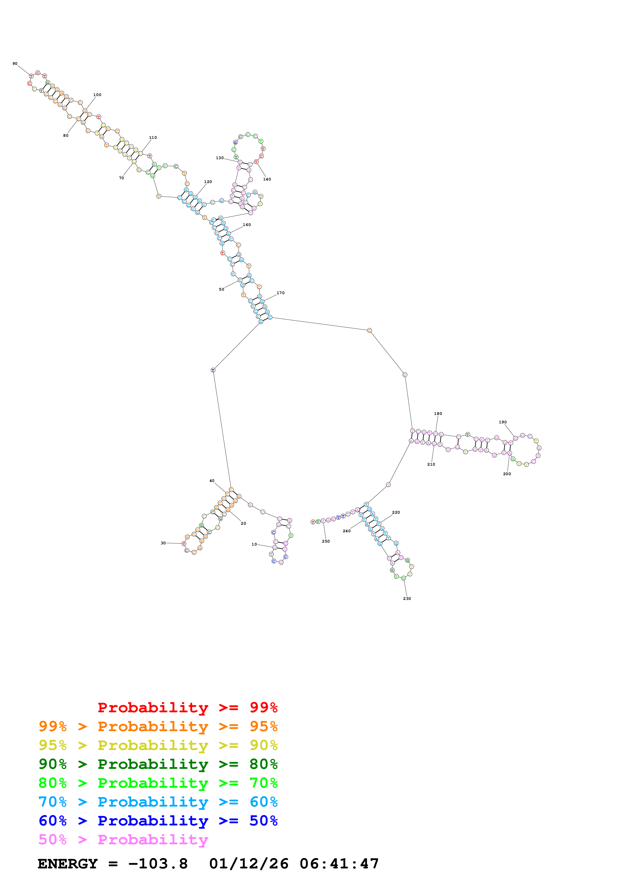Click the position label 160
[x=247, y=225]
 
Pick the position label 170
[x=281, y=293]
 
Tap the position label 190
[x=502, y=422]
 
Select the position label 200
[x=507, y=474]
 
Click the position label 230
[x=407, y=598]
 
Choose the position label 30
[x=163, y=543]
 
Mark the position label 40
[x=212, y=480]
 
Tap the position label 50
[x=221, y=289]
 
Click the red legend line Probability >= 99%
[x=187, y=708]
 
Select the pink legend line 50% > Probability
[x=123, y=839]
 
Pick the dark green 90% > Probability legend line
[x=158, y=764]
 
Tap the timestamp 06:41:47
[x=339, y=864]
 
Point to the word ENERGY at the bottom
[x=68, y=864]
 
